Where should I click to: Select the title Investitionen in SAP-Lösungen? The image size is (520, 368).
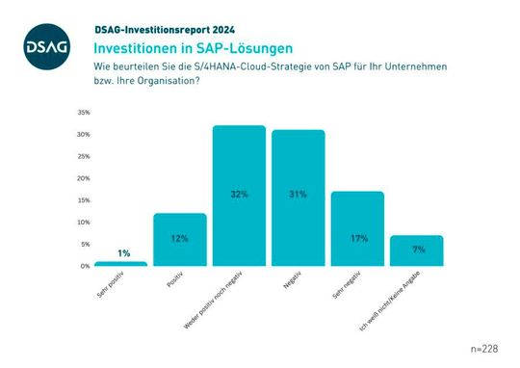pyautogui.click(x=194, y=46)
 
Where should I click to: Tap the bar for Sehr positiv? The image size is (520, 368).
pyautogui.click(x=120, y=263)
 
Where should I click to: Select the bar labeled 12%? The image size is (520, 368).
pyautogui.click(x=179, y=239)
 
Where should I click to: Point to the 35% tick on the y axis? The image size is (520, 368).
pyautogui.click(x=85, y=113)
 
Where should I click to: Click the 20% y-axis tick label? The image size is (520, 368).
pyautogui.click(x=85, y=178)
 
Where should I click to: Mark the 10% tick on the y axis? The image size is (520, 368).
pyautogui.click(x=85, y=222)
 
